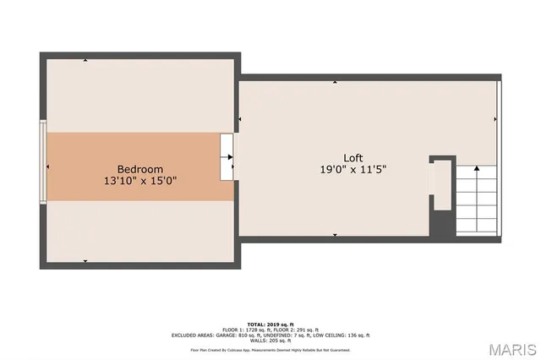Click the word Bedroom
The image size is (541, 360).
139,169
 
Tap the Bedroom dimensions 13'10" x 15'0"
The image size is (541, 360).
139,181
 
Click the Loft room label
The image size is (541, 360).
353,158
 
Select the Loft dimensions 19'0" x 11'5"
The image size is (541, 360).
353,169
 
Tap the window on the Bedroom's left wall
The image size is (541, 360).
43,161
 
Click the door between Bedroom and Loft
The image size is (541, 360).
227,157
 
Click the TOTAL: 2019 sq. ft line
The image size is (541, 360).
270,324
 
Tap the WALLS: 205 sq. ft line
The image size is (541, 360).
270,340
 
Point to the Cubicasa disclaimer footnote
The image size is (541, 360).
270,349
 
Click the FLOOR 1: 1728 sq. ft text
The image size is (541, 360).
247,329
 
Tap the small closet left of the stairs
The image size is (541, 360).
442,186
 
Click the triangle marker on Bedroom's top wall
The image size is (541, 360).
85,61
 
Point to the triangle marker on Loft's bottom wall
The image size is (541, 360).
336,235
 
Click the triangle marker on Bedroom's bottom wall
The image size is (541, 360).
85,261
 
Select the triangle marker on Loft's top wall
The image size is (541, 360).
336,83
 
